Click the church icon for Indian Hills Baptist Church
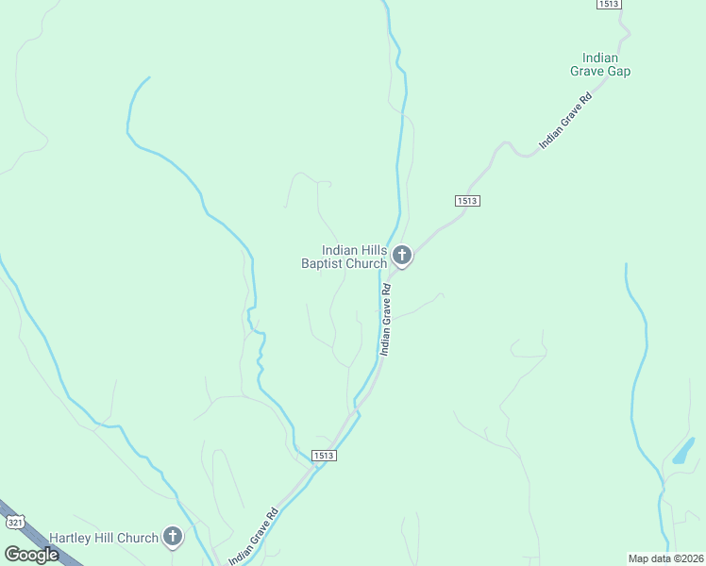[x=402, y=255]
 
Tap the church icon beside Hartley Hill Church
[x=172, y=537]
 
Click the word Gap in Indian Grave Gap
[x=618, y=71]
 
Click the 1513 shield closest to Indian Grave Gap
[x=608, y=5]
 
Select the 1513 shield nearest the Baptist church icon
[x=467, y=201]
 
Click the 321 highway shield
[x=14, y=522]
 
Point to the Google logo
[x=31, y=555]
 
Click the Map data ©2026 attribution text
[x=665, y=558]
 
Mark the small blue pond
[x=683, y=450]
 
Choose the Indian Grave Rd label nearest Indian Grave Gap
[x=564, y=121]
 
